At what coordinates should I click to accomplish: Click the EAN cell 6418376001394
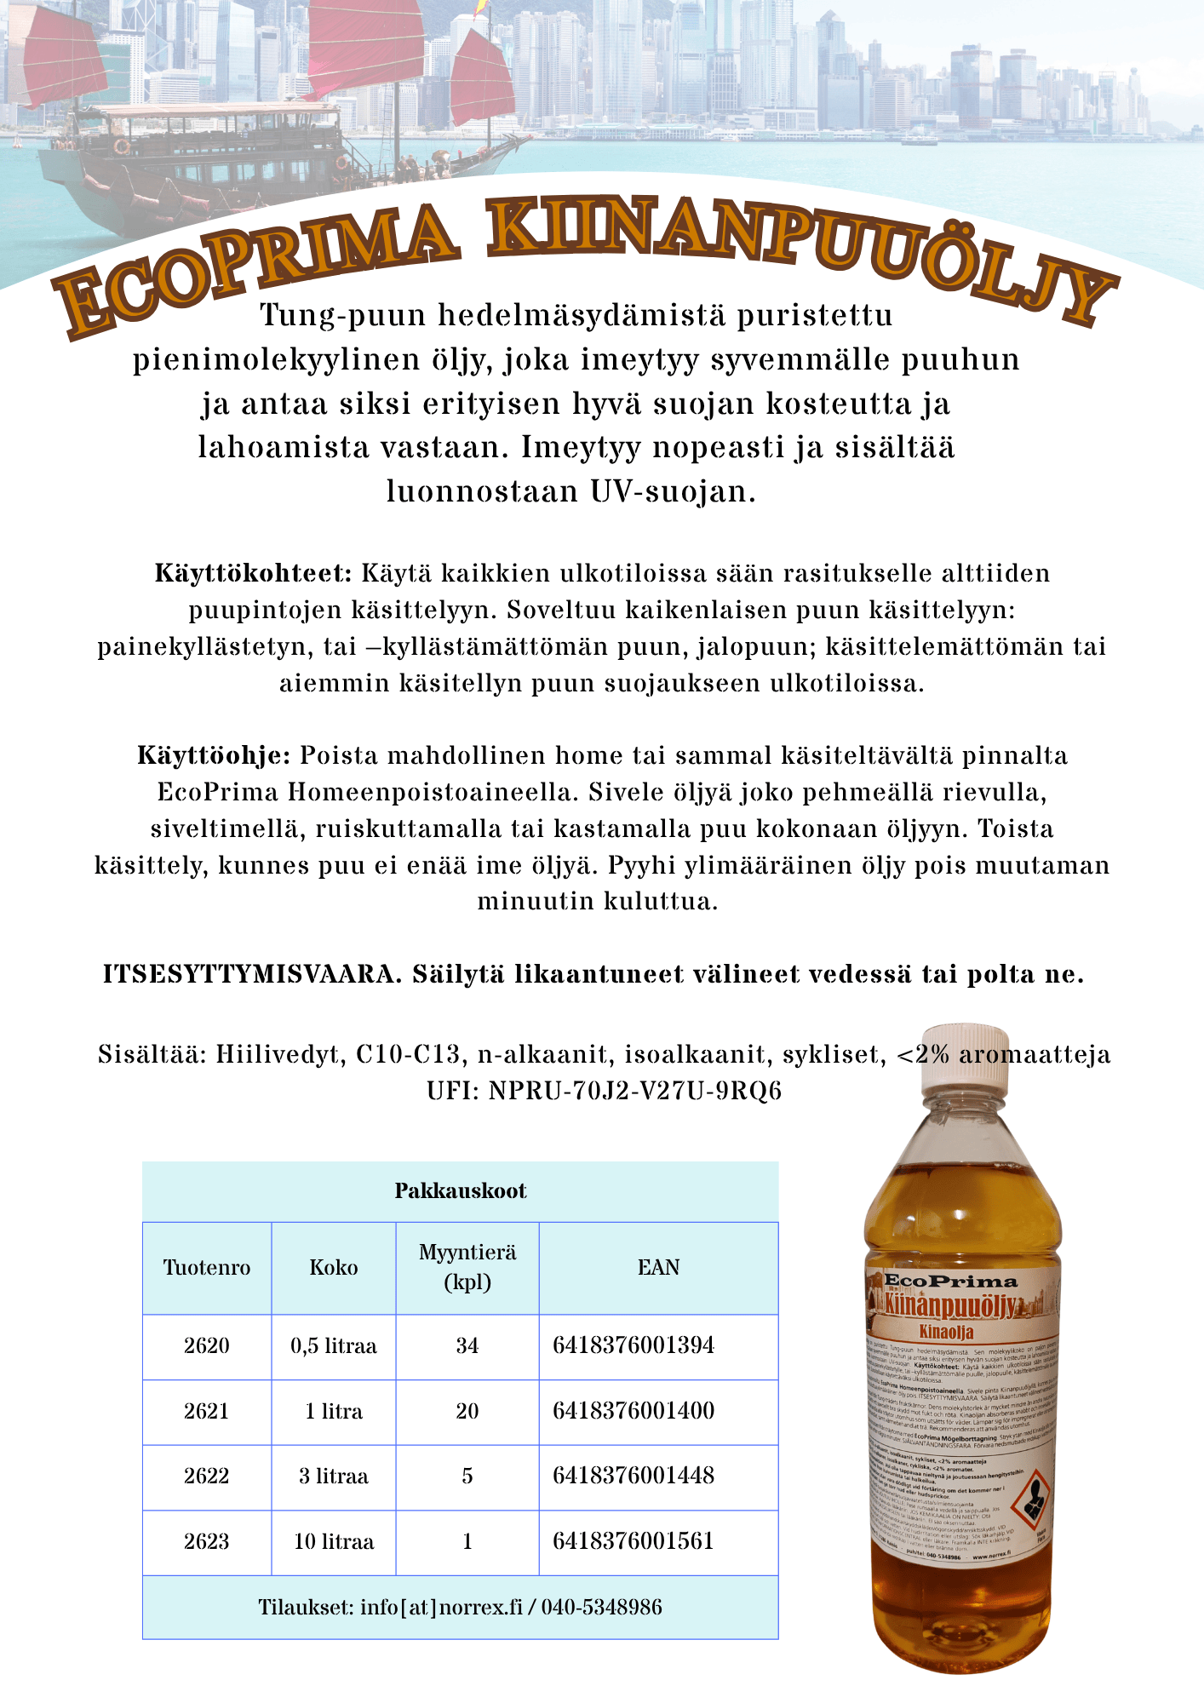tap(634, 1345)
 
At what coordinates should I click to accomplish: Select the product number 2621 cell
tap(206, 1411)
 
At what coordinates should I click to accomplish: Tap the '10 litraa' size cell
tap(334, 1541)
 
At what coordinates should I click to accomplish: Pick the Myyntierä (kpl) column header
tap(467, 1267)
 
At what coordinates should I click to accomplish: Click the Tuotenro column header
tap(206, 1267)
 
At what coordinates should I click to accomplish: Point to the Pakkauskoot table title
tap(460, 1190)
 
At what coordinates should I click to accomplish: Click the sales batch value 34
tap(467, 1345)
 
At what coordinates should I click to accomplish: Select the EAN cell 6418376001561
tap(634, 1541)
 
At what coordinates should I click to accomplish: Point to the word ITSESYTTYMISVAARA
tap(252, 974)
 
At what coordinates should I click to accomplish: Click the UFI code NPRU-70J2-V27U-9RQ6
tap(635, 1091)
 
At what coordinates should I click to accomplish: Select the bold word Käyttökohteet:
tap(253, 573)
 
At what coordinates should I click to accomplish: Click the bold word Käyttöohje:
tap(215, 755)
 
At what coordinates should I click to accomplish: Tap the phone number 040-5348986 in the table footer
tap(601, 1607)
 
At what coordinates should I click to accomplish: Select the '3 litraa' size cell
tap(334, 1476)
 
